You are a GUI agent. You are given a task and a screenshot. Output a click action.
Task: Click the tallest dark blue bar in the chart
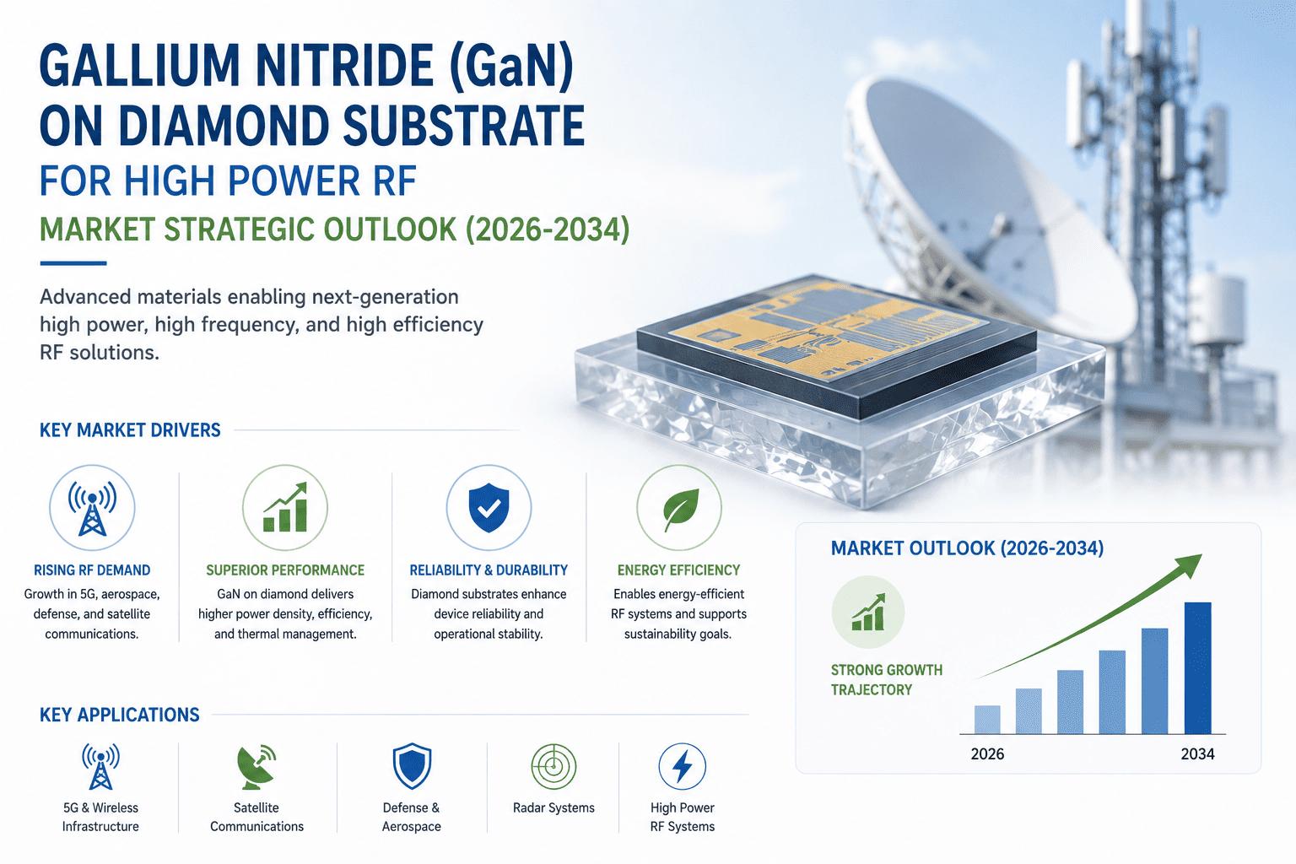pos(1197,667)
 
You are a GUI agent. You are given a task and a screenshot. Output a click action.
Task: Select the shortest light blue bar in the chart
pos(987,720)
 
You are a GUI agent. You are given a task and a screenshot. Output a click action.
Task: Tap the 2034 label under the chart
pos(1197,754)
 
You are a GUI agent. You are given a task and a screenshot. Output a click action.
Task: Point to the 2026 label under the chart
pos(987,754)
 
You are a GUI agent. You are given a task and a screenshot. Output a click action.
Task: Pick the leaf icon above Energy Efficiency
pos(680,509)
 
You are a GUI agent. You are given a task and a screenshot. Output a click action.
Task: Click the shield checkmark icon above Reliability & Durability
pos(489,508)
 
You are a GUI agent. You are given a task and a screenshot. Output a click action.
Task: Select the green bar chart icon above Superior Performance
pos(284,508)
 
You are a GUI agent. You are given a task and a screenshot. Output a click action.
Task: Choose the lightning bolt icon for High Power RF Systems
pos(682,766)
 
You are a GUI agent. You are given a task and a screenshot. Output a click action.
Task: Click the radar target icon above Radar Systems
pos(553,766)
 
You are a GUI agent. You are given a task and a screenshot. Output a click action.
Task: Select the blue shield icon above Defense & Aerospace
pos(412,766)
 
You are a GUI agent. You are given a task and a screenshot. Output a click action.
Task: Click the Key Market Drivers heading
pos(130,430)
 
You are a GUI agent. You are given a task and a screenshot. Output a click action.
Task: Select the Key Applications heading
pos(119,715)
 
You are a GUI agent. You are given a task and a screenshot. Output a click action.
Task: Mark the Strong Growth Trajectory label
pos(887,680)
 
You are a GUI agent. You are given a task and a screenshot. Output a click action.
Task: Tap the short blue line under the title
pos(73,263)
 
